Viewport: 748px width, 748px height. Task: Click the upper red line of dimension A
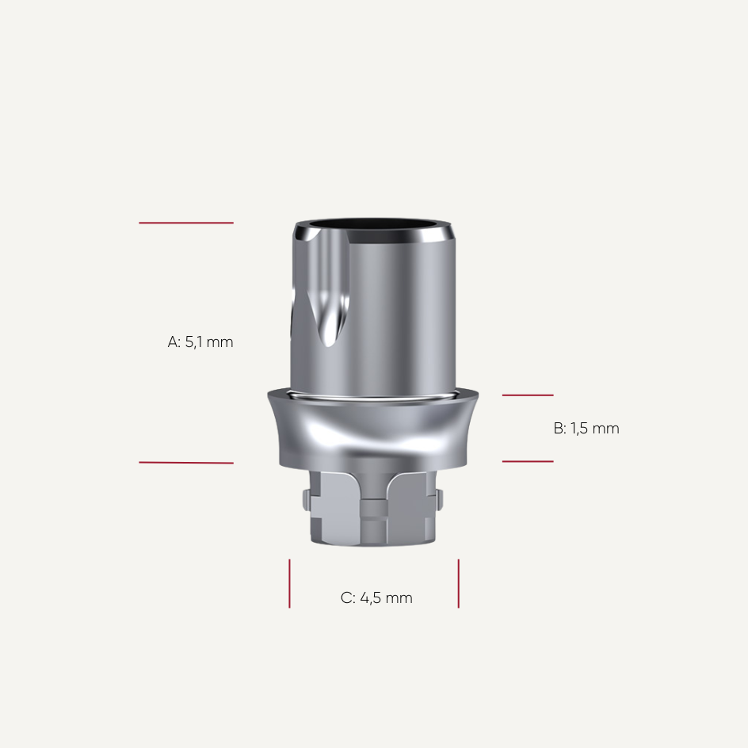tap(186, 223)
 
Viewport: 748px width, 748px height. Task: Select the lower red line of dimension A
tap(186, 463)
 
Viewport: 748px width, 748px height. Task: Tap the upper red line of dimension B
tap(528, 395)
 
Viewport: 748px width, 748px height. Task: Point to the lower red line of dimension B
tap(528, 461)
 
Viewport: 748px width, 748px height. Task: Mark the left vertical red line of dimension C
tap(289, 583)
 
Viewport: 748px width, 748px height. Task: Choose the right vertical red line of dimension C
tap(458, 583)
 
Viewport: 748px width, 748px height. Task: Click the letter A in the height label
tap(174, 342)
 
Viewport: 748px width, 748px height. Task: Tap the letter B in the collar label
tap(558, 429)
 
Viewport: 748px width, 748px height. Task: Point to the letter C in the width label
tap(346, 598)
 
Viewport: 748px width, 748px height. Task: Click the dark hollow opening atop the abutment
tap(372, 225)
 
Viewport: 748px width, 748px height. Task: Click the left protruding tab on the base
tap(307, 500)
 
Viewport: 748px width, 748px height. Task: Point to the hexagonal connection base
tap(372, 511)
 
